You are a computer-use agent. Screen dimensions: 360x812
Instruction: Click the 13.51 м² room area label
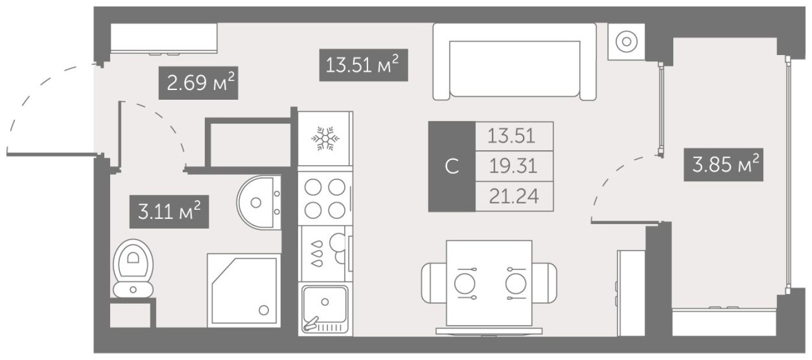coord(362,64)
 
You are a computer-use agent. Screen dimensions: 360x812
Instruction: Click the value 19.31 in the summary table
coord(514,166)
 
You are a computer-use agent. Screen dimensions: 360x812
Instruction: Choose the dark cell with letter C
coord(452,166)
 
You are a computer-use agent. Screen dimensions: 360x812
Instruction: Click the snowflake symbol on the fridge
coord(325,139)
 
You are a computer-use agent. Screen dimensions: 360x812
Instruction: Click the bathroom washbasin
coord(259,202)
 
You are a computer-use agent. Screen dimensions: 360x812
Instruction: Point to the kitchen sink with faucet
coord(325,310)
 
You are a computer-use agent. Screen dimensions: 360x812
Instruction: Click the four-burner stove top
coord(325,198)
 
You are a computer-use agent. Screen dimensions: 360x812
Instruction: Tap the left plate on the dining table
coord(465,282)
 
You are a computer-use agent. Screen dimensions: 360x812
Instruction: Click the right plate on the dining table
coord(516,282)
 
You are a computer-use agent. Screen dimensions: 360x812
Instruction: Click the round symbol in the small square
coord(627,41)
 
